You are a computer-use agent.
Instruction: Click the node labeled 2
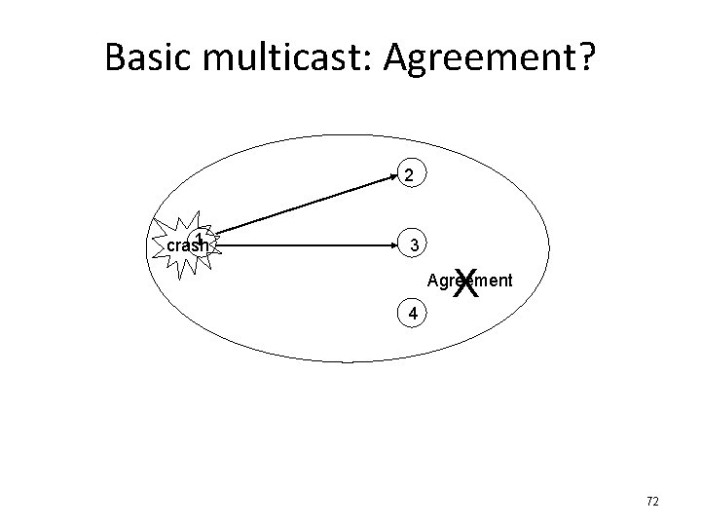pos(412,176)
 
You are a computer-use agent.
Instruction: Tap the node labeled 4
pos(414,314)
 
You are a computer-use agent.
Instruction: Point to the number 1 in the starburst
pos(199,239)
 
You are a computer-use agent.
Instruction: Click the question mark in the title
pos(586,58)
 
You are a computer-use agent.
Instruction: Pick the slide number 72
pos(652,501)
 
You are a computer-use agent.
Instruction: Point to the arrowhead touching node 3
pos(392,246)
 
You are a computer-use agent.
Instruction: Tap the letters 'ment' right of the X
pos(496,282)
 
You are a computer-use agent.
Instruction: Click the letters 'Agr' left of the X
pos(439,282)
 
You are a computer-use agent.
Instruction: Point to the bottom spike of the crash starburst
pos(182,280)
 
